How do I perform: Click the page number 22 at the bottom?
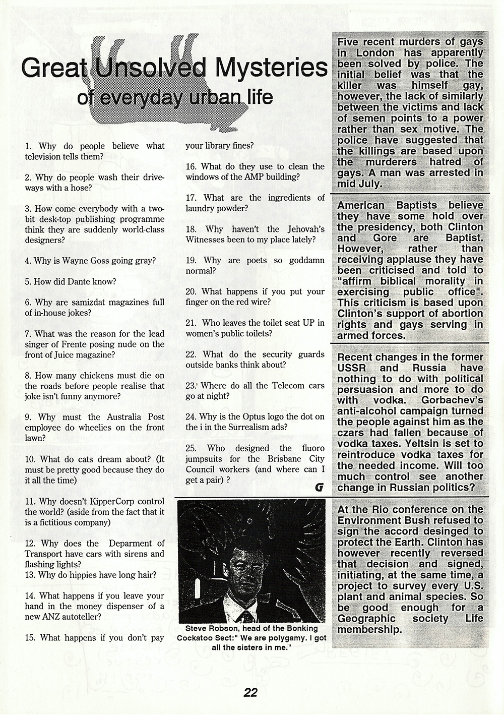coord(250,692)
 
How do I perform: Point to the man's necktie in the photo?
coord(247,616)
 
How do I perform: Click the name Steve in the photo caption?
coord(196,629)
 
